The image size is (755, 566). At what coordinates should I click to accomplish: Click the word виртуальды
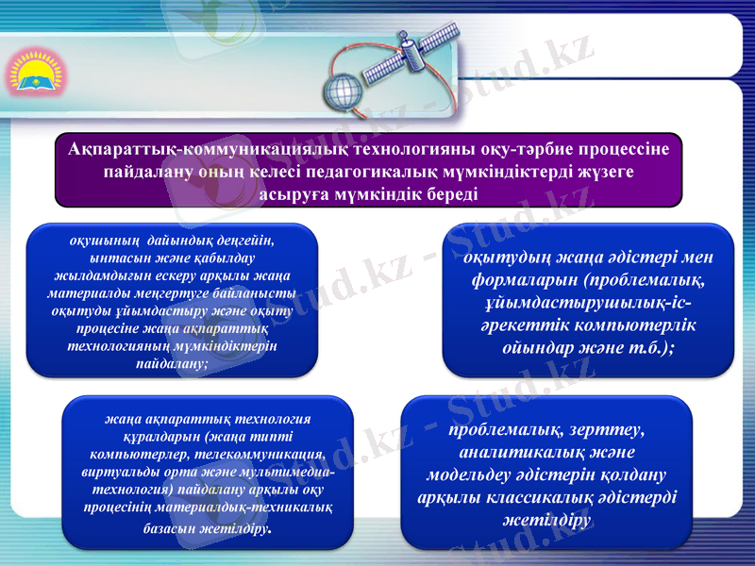point(120,473)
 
